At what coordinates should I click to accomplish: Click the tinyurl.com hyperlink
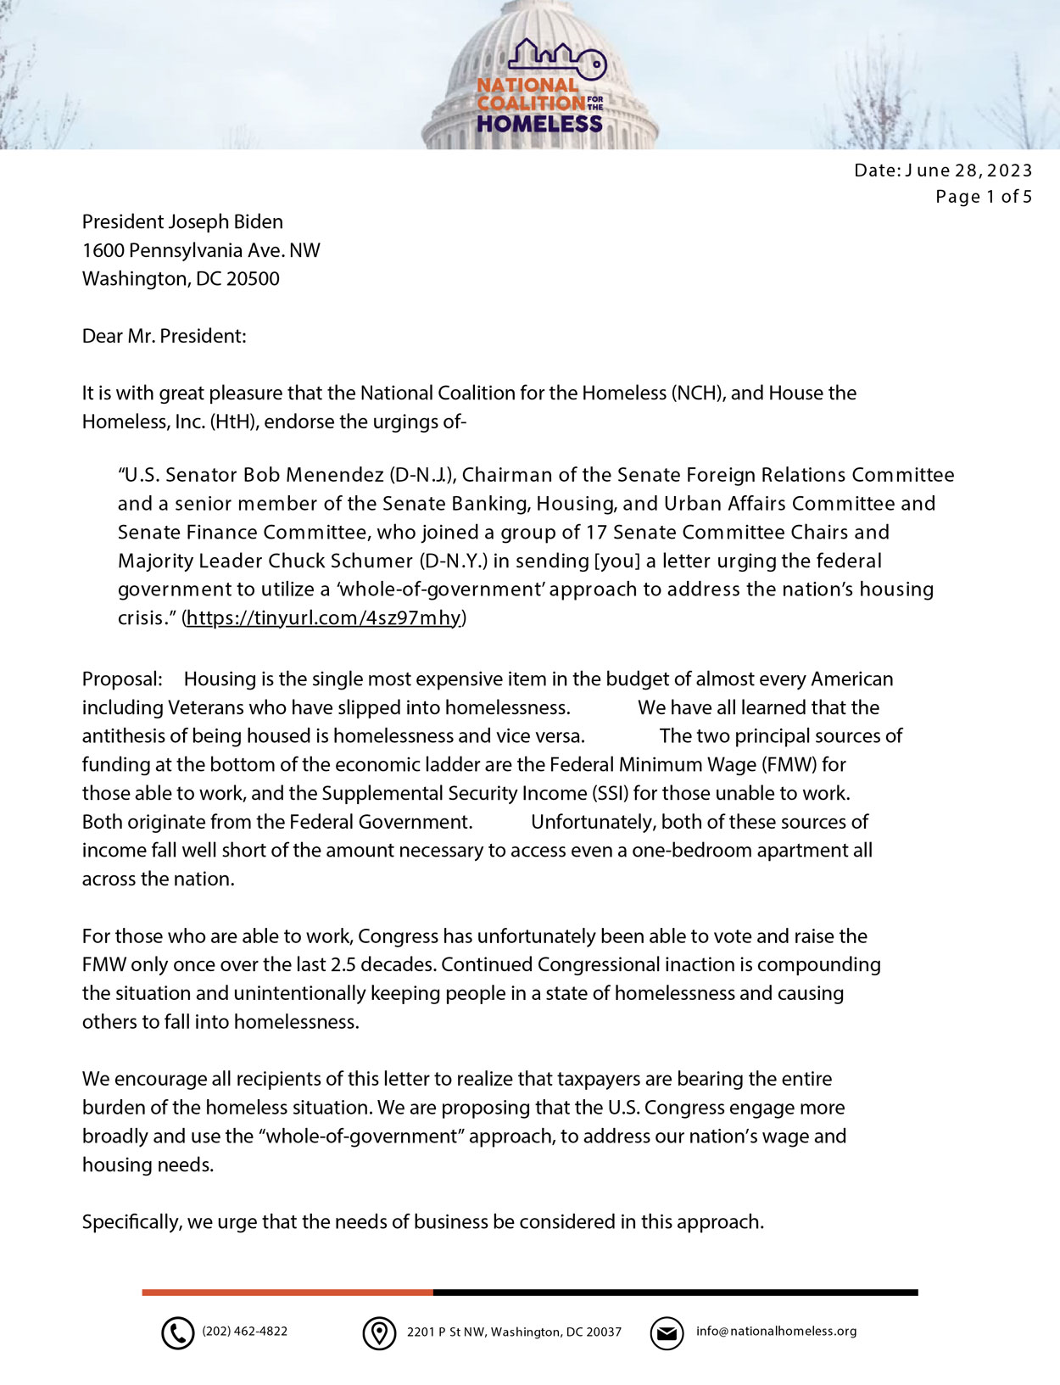point(323,617)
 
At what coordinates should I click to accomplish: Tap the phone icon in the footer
point(177,1333)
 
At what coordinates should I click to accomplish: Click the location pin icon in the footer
point(379,1333)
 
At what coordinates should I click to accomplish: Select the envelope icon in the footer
point(667,1333)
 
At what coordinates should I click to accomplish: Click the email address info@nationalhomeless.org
point(776,1332)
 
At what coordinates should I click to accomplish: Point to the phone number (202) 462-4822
point(244,1332)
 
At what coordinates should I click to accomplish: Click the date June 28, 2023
point(968,170)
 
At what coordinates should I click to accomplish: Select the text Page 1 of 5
point(984,197)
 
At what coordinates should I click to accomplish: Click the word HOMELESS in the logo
point(538,124)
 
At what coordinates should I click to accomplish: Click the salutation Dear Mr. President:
point(164,336)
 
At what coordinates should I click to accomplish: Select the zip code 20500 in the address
point(253,279)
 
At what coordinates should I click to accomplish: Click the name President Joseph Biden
point(182,222)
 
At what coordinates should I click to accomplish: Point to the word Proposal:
point(122,679)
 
